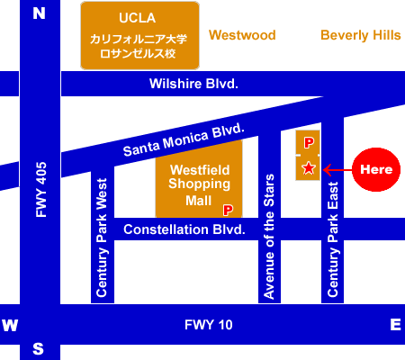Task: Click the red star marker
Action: pyautogui.click(x=309, y=168)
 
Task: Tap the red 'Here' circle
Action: pyautogui.click(x=376, y=169)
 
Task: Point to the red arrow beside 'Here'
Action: pyautogui.click(x=337, y=170)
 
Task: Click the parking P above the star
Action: pyautogui.click(x=309, y=143)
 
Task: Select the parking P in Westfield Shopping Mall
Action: pyautogui.click(x=228, y=210)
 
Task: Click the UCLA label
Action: pyautogui.click(x=138, y=18)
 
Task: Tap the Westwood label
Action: pyautogui.click(x=242, y=35)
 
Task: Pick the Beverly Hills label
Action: pyautogui.click(x=361, y=35)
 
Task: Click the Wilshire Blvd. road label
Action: pyautogui.click(x=193, y=84)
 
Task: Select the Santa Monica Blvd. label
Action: pyautogui.click(x=184, y=139)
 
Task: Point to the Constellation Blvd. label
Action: pyautogui.click(x=184, y=229)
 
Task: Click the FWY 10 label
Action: pyautogui.click(x=209, y=325)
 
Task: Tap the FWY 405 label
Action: pyautogui.click(x=41, y=190)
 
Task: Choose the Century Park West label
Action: pyautogui.click(x=102, y=238)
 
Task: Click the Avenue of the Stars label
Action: pyautogui.click(x=269, y=237)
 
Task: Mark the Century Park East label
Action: pyautogui.click(x=333, y=239)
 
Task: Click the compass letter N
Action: pyautogui.click(x=39, y=13)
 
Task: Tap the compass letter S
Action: pyautogui.click(x=38, y=349)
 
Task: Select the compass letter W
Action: pyautogui.click(x=10, y=325)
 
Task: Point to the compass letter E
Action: pyautogui.click(x=395, y=325)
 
